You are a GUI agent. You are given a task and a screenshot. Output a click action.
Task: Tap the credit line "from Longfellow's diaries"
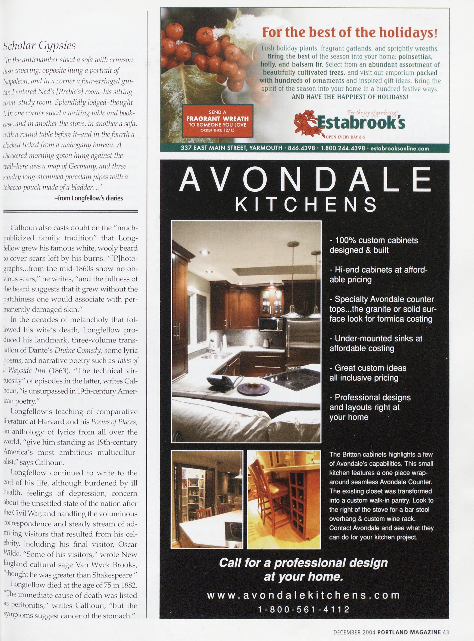click(89, 198)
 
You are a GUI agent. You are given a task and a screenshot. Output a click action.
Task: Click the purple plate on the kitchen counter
click(253, 389)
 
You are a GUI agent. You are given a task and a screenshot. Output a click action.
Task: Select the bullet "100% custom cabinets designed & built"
click(374, 245)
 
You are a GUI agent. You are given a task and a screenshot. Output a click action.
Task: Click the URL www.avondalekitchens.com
click(303, 595)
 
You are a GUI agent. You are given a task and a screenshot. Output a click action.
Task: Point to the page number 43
click(446, 631)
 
